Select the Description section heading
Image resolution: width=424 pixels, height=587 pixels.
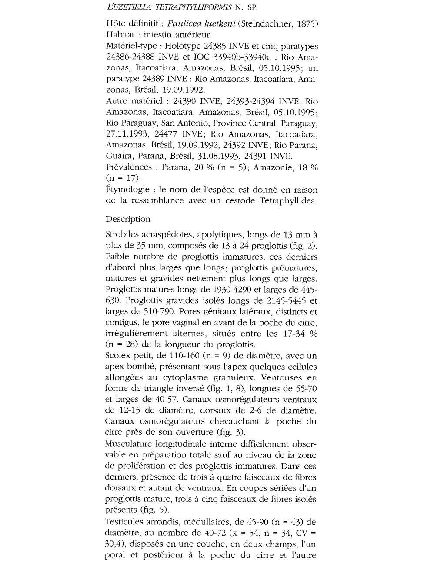coord(128,219)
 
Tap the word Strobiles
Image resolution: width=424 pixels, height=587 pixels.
coord(124,235)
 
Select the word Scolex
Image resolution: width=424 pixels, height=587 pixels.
coord(118,356)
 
